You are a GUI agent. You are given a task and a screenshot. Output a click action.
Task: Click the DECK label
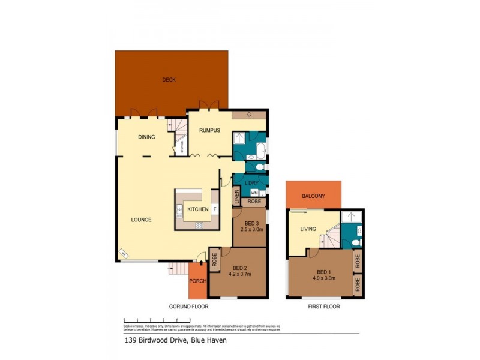(x=169, y=80)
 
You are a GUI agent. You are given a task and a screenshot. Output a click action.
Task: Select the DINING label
(x=146, y=137)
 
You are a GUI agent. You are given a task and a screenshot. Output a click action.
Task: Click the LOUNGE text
(x=142, y=220)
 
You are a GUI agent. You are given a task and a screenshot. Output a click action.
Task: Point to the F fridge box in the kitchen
(x=215, y=209)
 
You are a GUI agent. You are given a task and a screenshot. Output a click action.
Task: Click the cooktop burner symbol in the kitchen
(x=199, y=225)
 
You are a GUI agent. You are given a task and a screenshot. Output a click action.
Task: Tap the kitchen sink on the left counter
(x=179, y=209)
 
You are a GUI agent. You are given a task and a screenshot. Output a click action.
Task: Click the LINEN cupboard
(x=236, y=197)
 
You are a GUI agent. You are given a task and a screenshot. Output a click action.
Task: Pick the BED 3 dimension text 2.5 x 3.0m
(x=248, y=229)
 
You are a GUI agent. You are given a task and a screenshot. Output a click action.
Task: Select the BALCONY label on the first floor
(x=313, y=196)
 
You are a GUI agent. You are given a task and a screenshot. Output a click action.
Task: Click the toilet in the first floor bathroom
(x=356, y=242)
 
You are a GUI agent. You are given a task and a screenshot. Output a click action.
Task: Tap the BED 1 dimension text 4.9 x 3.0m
(x=323, y=277)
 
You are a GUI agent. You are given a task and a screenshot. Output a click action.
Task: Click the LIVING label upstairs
(x=308, y=228)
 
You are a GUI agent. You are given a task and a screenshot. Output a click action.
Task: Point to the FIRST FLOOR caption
(x=323, y=307)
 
